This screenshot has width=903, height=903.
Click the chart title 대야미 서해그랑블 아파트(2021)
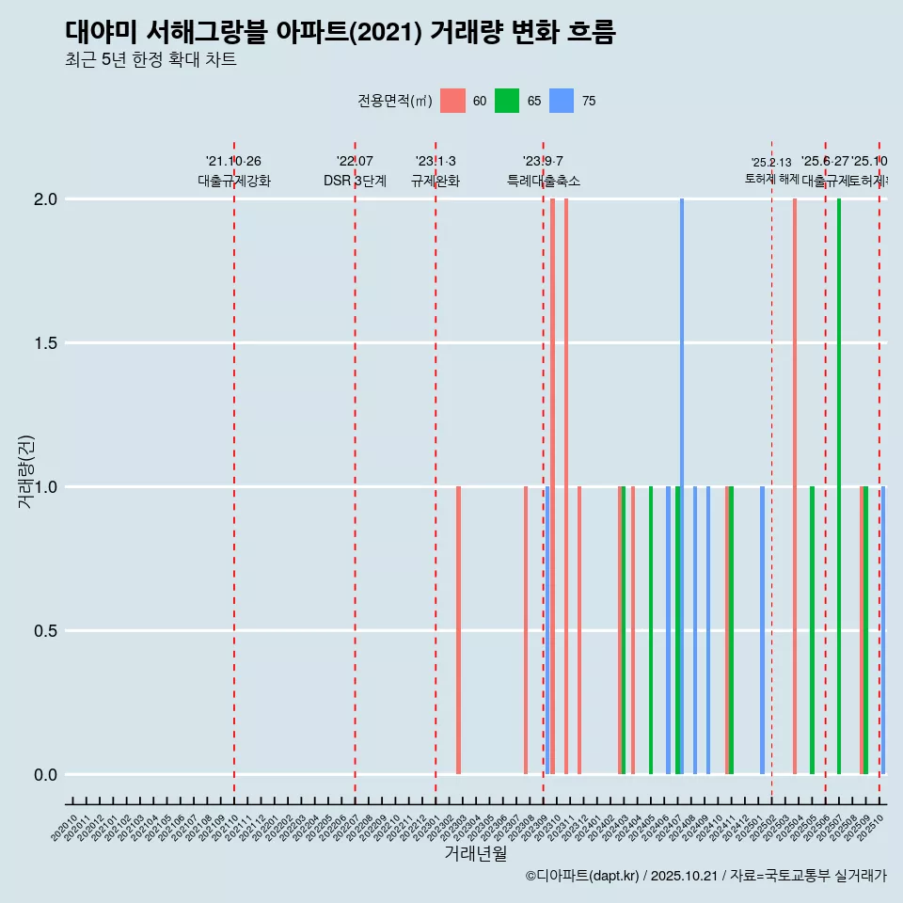click(x=340, y=33)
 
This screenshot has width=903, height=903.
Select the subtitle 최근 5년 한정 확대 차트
click(x=150, y=61)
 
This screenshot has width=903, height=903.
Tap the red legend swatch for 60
click(x=452, y=101)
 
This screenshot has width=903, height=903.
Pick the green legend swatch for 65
click(x=507, y=101)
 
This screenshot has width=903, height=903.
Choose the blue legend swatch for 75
click(x=562, y=101)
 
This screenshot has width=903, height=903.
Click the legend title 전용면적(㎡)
click(x=394, y=101)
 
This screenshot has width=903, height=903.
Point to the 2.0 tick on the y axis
click(x=46, y=199)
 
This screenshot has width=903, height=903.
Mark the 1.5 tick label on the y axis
click(x=46, y=343)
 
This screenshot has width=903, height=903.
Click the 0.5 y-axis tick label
click(x=46, y=631)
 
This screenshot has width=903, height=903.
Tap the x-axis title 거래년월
click(x=475, y=853)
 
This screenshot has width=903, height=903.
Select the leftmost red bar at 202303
click(x=458, y=630)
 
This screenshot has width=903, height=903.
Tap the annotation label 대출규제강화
click(x=234, y=181)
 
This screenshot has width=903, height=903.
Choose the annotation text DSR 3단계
click(x=355, y=181)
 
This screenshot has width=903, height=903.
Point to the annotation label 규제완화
click(x=436, y=181)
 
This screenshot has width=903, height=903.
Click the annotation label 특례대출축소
click(x=544, y=181)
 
